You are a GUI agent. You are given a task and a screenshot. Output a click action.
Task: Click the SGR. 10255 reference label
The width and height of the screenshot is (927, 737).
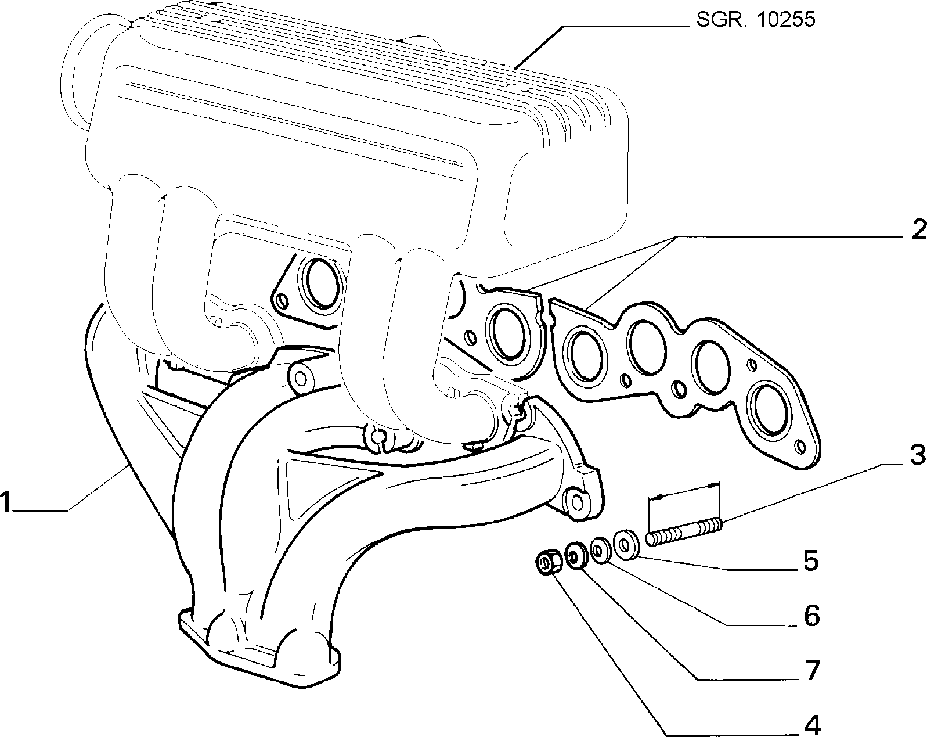tap(756, 20)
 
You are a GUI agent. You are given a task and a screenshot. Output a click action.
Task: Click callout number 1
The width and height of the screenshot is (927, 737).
tap(5, 502)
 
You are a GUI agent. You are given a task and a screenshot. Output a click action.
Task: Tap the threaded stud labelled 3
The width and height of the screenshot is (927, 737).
tap(684, 533)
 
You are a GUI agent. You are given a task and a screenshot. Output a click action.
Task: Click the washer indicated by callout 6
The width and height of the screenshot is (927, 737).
tap(600, 551)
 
